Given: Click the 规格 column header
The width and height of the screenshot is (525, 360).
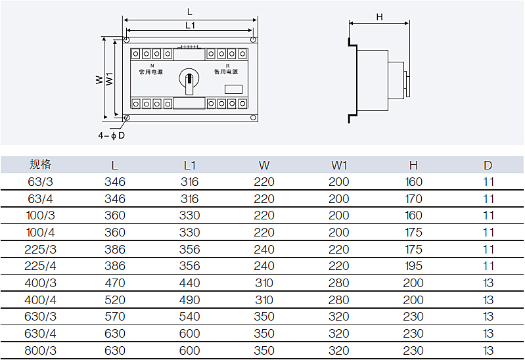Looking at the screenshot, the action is coord(40,164).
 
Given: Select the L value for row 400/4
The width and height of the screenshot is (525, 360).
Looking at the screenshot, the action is coord(115,300).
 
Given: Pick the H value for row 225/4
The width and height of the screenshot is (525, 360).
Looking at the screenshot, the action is coord(413,266).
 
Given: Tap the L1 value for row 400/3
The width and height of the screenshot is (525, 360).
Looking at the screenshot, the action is coord(189,283).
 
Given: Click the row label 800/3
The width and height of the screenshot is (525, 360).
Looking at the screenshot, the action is coord(40,351).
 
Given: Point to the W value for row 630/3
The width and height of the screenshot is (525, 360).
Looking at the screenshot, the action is coord(264,317).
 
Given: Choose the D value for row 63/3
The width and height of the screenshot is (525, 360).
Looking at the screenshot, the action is coord(488,182).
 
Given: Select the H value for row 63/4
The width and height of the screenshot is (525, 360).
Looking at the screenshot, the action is coord(413,199).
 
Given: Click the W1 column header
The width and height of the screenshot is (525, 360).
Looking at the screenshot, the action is coord(339,165).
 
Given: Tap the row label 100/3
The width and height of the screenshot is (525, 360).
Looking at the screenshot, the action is coord(40,215).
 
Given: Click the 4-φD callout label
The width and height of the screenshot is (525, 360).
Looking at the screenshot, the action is coord(112,135).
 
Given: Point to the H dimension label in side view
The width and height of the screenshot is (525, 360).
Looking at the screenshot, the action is coord(379,16).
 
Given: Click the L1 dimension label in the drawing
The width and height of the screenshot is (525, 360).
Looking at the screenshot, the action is coord(190,26).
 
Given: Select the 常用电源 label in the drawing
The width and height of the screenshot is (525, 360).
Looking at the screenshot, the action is coord(151,72).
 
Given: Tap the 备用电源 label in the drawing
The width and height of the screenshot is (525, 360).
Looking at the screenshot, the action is coord(226,72).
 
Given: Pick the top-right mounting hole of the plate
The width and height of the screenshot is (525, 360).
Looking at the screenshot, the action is coord(254,40).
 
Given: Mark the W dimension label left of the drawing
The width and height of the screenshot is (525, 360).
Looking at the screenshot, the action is coord(99,79).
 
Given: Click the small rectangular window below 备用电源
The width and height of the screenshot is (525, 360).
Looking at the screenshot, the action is coord(233,89).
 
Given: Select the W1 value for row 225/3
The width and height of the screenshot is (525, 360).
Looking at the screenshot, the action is coord(339,250).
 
